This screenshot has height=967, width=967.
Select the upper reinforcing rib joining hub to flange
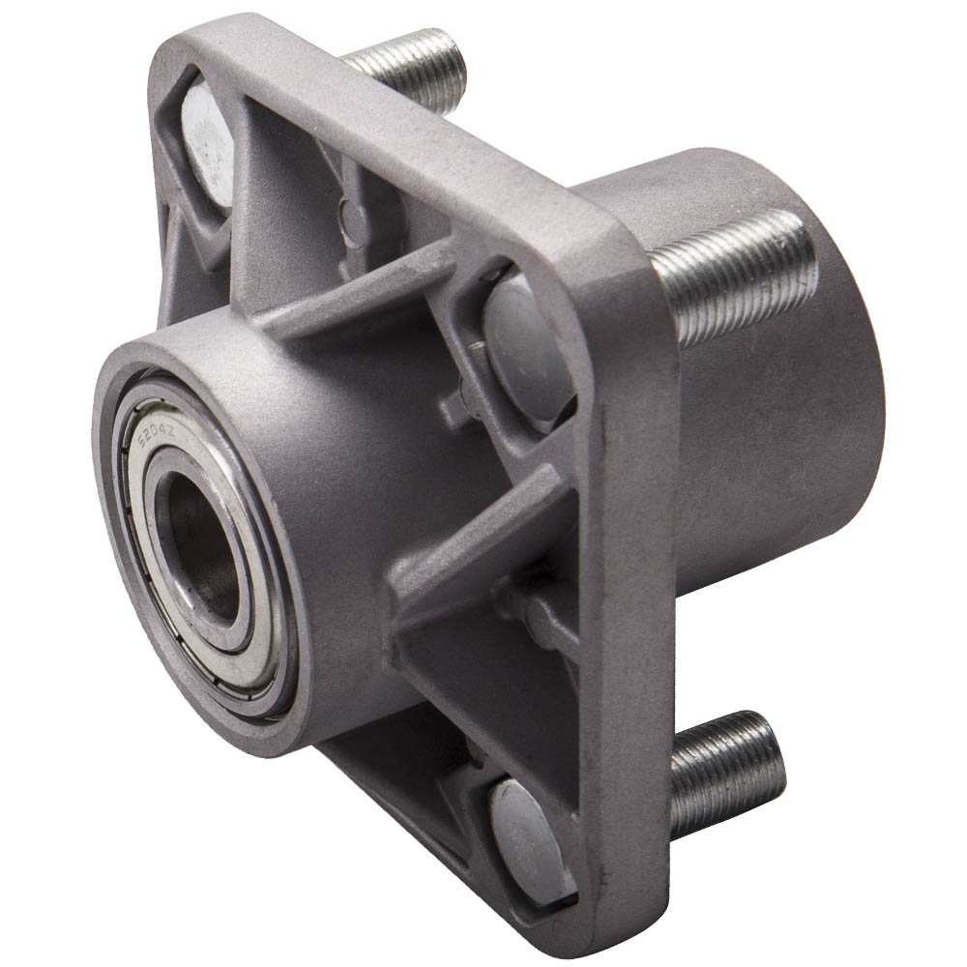pos(358,290)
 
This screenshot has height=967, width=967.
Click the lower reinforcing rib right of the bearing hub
pos(483,542)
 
